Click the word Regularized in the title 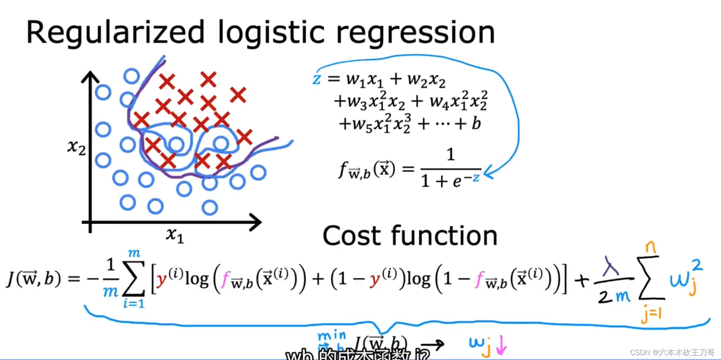(x=116, y=33)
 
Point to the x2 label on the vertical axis (x=76, y=147)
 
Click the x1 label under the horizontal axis (x=175, y=235)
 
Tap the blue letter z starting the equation (x=316, y=79)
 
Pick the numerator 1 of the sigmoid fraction (x=451, y=154)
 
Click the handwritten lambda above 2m (x=611, y=266)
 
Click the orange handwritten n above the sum (x=651, y=248)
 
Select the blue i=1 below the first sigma (x=134, y=304)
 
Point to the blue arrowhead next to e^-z (x=488, y=173)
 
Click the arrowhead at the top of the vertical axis (x=90, y=76)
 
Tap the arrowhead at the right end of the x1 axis (x=256, y=222)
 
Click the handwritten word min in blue (x=332, y=336)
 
